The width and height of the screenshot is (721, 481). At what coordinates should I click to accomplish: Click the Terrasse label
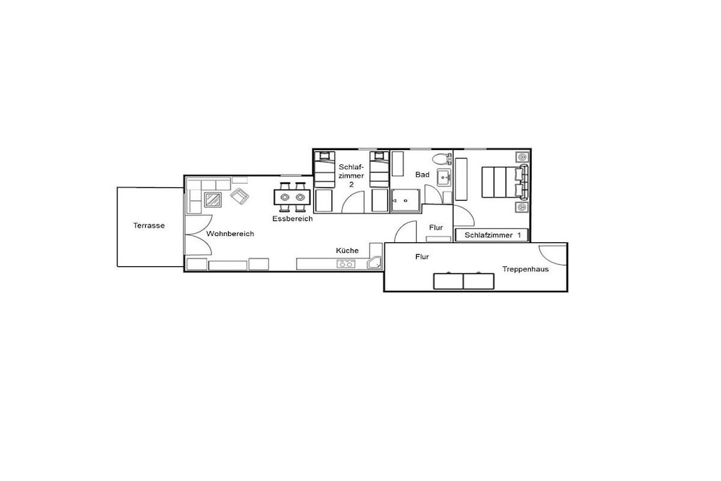(149, 225)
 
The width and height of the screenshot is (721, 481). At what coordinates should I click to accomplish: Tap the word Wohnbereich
(230, 234)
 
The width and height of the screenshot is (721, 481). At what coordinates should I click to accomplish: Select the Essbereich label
(292, 218)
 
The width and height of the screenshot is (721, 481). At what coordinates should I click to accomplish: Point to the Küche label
(347, 250)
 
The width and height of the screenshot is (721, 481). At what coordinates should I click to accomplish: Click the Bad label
(422, 174)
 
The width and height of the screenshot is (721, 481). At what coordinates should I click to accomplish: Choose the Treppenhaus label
(525, 269)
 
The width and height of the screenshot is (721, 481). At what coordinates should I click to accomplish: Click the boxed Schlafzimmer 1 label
(491, 235)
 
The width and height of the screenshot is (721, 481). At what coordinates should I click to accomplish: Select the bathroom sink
(444, 177)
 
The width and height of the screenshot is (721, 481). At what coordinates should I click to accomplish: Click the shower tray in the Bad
(406, 201)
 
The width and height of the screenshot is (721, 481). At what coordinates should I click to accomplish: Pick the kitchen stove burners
(346, 264)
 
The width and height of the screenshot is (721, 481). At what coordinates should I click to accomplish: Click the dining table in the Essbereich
(292, 196)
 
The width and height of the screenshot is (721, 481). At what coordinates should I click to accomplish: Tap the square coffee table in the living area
(213, 199)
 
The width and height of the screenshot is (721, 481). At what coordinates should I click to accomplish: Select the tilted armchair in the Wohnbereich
(239, 196)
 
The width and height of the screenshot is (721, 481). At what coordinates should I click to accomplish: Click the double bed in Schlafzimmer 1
(504, 182)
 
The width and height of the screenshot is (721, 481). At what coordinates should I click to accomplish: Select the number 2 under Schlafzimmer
(351, 185)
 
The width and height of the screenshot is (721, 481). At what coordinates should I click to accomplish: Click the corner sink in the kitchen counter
(375, 263)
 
